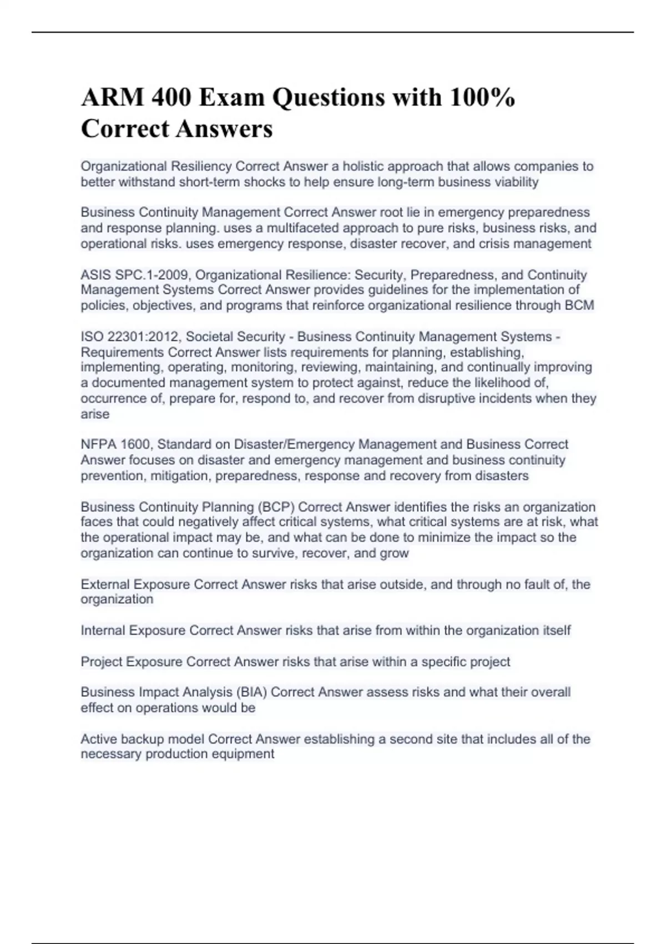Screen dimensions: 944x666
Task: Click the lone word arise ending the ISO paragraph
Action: point(95,414)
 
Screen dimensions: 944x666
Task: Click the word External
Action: point(105,584)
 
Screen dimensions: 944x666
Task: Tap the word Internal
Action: point(103,631)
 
